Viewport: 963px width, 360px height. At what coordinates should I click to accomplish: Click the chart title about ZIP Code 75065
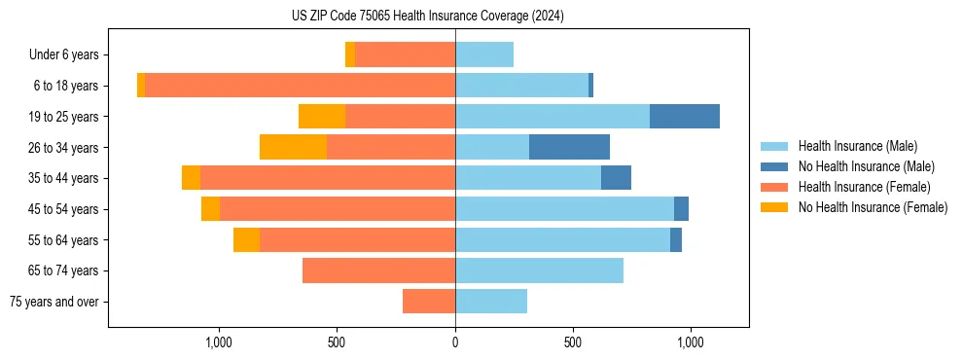point(428,17)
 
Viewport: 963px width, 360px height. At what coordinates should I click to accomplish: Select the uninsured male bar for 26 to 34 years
point(569,147)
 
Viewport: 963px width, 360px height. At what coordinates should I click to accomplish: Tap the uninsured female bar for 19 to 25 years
point(322,116)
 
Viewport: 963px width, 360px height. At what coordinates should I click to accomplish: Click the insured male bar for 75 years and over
point(491,302)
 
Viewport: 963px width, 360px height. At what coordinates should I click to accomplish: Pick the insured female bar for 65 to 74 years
point(378,270)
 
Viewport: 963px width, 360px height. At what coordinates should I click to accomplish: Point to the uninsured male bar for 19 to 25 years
point(685,116)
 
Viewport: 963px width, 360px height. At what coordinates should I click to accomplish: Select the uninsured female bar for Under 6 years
point(350,54)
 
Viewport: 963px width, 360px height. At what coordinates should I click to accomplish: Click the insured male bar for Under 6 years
point(484,54)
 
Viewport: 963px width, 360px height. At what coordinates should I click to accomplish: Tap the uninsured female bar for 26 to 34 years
point(293,147)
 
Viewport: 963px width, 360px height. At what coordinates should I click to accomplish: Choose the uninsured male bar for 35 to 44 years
point(616,178)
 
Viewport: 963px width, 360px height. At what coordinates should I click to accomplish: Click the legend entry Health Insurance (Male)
point(857,146)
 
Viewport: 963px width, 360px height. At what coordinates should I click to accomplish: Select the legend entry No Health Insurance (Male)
point(866,166)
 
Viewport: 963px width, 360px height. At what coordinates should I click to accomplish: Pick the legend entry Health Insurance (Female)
point(864,187)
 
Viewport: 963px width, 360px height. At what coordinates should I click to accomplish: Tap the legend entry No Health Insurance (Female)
point(873,207)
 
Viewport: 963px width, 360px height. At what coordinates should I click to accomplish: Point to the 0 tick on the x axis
point(455,343)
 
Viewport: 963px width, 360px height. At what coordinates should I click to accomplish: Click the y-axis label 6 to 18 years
point(65,86)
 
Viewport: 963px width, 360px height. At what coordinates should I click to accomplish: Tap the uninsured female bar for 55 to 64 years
point(246,239)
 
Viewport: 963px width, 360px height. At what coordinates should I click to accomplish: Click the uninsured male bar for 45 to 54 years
point(681,209)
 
